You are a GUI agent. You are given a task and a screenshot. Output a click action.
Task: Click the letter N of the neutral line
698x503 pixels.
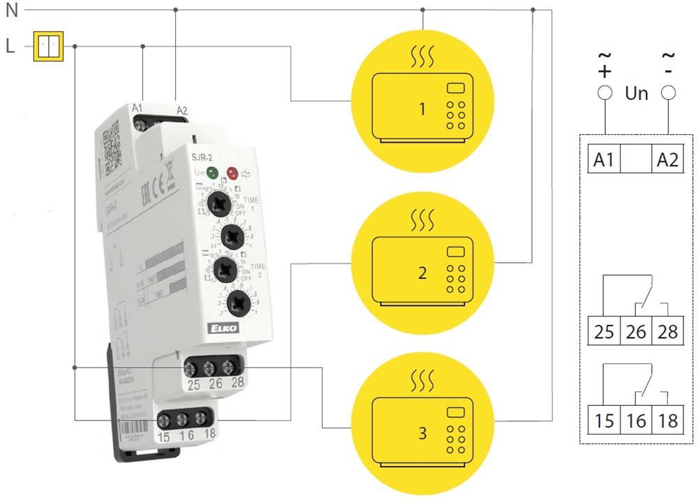pyautogui.click(x=11, y=10)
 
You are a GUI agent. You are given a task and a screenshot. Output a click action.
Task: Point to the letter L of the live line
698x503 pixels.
pyautogui.click(x=10, y=47)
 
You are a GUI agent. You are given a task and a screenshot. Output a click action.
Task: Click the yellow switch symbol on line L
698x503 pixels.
pyautogui.click(x=49, y=47)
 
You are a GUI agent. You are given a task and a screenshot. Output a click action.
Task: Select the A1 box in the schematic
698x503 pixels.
pyautogui.click(x=604, y=160)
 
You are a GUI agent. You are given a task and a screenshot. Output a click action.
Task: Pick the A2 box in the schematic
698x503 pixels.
pyautogui.click(x=667, y=160)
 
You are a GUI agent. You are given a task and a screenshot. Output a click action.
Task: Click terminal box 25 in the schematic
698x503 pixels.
pyautogui.click(x=604, y=330)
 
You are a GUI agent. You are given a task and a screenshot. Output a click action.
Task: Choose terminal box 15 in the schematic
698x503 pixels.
pyautogui.click(x=604, y=421)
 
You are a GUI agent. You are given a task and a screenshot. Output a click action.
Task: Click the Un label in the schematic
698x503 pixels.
pyautogui.click(x=636, y=92)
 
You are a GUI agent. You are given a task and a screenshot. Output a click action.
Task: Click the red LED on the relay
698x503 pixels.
pyautogui.click(x=232, y=173)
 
